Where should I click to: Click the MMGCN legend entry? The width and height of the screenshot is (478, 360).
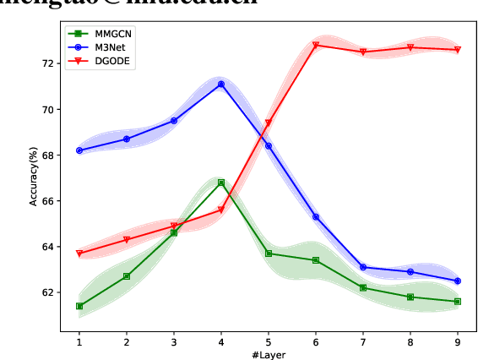tap(100, 33)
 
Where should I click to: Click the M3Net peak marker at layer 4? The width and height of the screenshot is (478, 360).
tap(221, 85)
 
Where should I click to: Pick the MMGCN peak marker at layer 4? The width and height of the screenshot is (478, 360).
tap(221, 183)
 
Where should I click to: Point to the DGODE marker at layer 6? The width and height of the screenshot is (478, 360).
tap(316, 46)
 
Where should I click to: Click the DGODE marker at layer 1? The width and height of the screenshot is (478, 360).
tap(79, 254)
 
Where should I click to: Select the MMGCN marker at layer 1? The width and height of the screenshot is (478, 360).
tap(79, 306)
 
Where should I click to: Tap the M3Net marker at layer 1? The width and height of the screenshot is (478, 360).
tap(79, 150)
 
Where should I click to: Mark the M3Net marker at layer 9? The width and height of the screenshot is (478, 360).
tap(458, 281)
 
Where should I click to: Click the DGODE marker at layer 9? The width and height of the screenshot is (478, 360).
tap(458, 50)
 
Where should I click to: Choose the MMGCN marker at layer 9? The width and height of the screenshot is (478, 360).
tap(458, 302)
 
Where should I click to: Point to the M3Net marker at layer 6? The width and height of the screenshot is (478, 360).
tap(316, 217)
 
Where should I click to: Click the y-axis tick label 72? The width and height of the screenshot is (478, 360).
tap(48, 63)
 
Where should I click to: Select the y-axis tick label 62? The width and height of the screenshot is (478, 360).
tap(48, 292)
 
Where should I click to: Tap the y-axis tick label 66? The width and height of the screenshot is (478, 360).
tap(48, 201)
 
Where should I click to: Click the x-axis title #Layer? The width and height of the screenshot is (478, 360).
tap(268, 355)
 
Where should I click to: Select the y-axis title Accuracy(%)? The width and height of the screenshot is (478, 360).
tap(35, 177)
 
